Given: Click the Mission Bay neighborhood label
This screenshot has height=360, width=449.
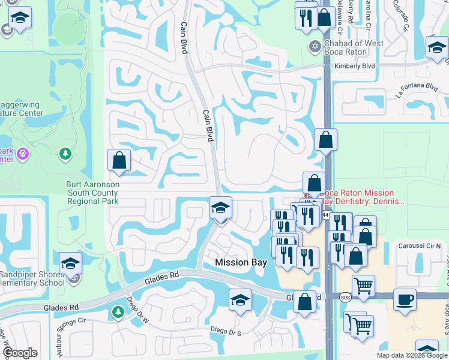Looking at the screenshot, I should [240, 262].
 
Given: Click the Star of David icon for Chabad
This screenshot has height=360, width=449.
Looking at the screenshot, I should [314, 46].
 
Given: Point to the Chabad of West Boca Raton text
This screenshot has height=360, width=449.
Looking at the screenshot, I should [354, 49].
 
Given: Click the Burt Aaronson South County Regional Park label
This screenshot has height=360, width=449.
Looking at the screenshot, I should [92, 193].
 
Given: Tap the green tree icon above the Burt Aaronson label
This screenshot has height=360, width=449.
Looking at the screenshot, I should [65, 155].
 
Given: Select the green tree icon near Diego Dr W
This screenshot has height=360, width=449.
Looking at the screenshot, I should [118, 311].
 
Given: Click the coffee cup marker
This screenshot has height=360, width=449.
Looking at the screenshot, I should [405, 299].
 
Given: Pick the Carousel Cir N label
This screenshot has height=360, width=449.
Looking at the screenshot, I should [420, 246].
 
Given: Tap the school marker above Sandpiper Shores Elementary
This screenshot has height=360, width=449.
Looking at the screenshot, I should [70, 263].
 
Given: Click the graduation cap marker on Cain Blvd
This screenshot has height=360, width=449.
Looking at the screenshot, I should [220, 208].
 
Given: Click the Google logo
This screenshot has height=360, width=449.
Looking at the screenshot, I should [20, 353].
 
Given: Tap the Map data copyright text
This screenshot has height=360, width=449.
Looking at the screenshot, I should [412, 355].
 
